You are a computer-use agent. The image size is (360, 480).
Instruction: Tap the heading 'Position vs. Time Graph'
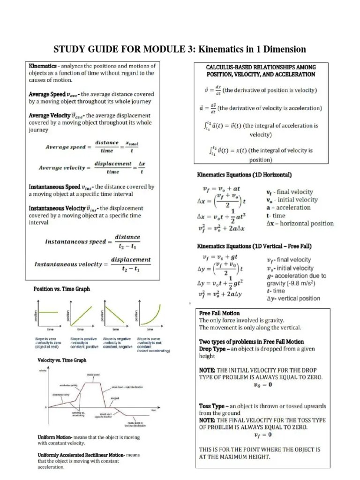click(61, 289)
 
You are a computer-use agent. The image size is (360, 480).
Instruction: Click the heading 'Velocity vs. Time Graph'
click(62, 360)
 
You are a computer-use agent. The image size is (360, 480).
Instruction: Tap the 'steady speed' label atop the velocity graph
click(92, 374)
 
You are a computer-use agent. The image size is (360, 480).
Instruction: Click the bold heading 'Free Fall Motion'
click(219, 313)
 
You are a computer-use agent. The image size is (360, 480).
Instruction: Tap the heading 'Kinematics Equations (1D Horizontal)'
click(244, 175)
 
